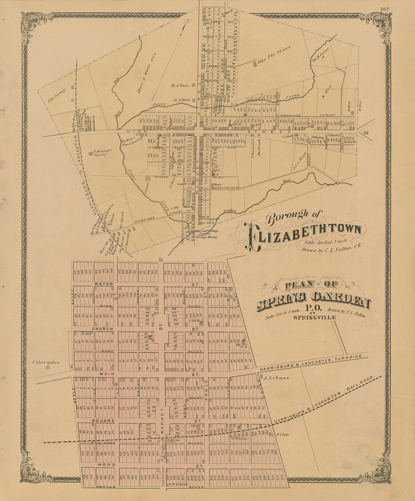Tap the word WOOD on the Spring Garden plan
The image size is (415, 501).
click(x=104, y=465)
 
